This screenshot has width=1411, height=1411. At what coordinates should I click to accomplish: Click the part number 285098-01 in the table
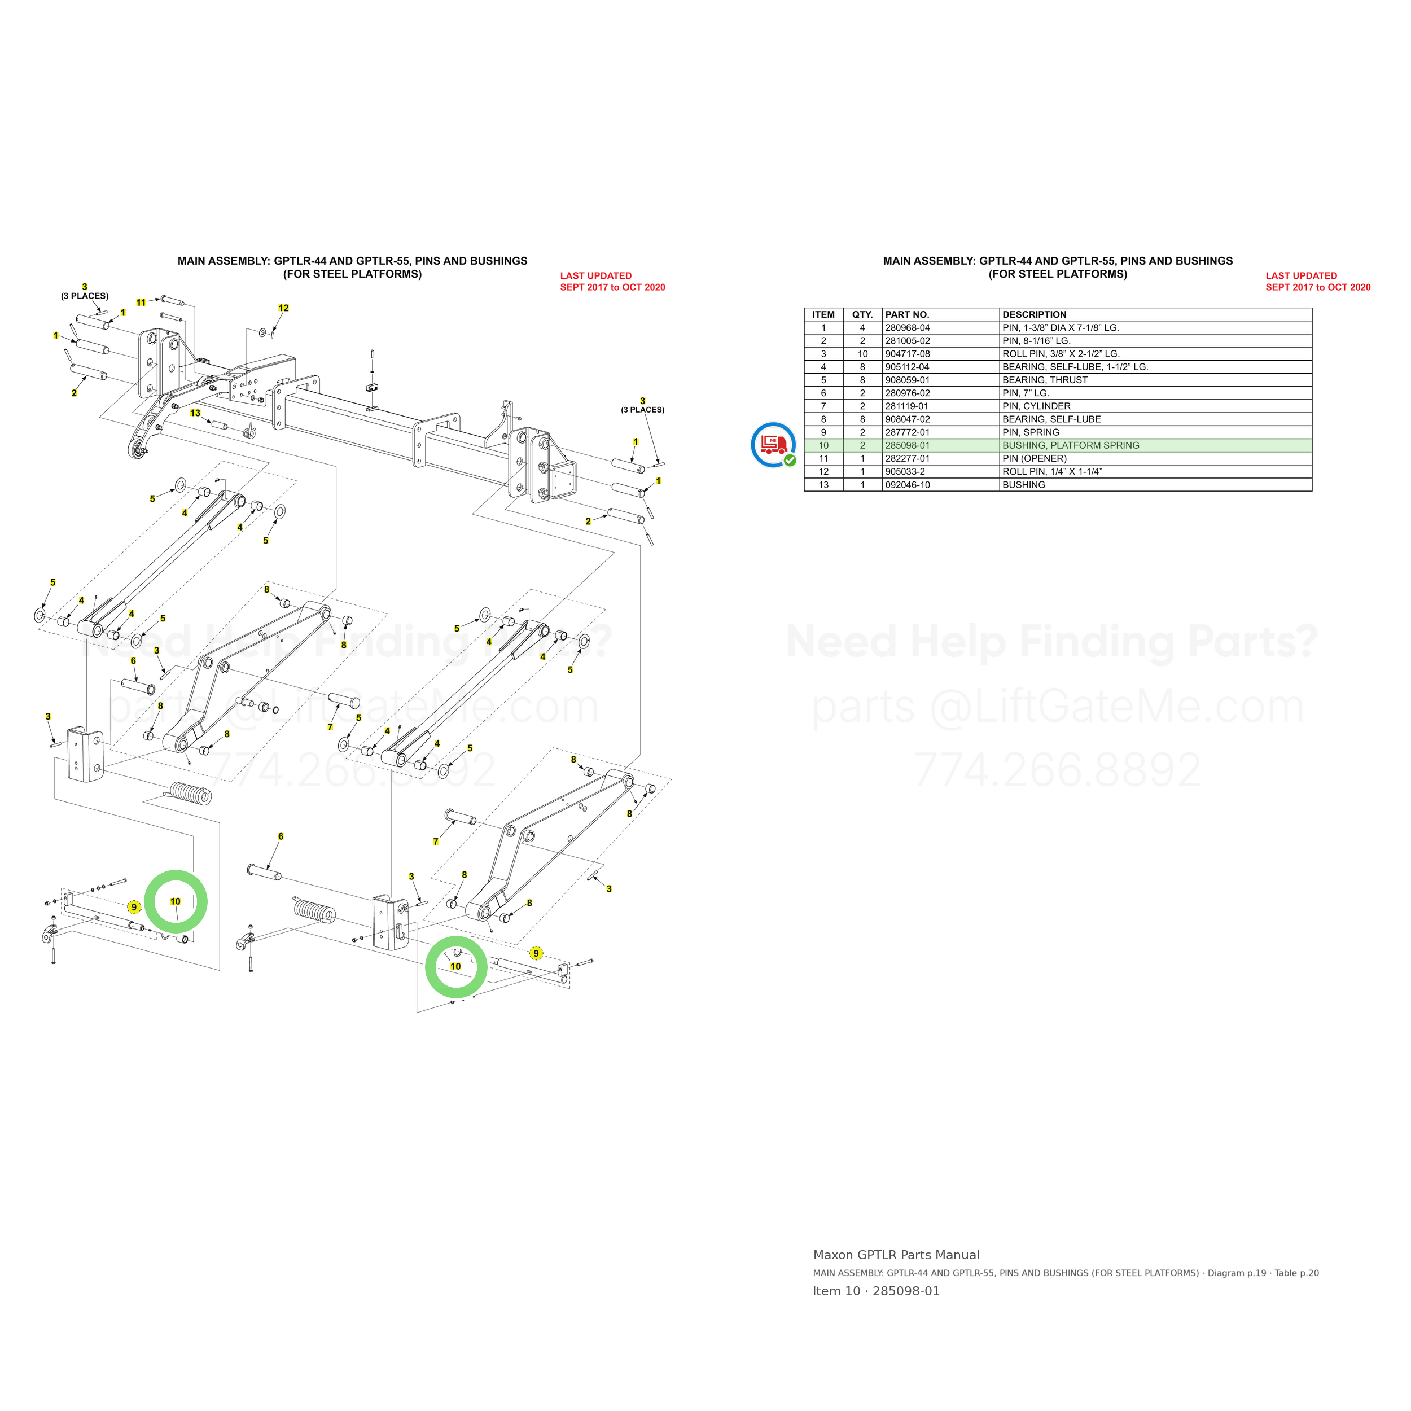(907, 445)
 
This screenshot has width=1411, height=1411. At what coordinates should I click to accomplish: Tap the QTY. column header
(862, 315)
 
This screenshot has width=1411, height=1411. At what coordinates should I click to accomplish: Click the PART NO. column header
(907, 315)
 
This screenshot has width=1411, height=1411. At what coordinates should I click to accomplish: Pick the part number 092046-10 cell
(907, 485)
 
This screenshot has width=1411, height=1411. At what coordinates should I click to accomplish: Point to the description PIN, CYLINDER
(1036, 406)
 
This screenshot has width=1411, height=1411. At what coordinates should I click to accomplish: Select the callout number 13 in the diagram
(195, 413)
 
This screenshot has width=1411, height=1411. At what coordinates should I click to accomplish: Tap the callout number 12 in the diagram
(283, 308)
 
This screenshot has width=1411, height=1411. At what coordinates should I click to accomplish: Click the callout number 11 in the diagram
(141, 303)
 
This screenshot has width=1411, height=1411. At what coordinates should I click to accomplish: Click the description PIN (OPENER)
(1034, 459)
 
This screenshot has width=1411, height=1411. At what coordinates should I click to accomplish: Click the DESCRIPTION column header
(1034, 315)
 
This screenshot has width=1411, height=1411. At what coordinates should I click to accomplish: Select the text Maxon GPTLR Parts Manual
(896, 1255)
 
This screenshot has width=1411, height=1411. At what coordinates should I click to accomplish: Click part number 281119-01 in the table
(907, 406)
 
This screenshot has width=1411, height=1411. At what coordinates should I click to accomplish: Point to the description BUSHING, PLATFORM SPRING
(1071, 445)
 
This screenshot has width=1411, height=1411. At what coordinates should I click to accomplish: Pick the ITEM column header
(823, 315)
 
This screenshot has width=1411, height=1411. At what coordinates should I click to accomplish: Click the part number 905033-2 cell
(905, 472)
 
